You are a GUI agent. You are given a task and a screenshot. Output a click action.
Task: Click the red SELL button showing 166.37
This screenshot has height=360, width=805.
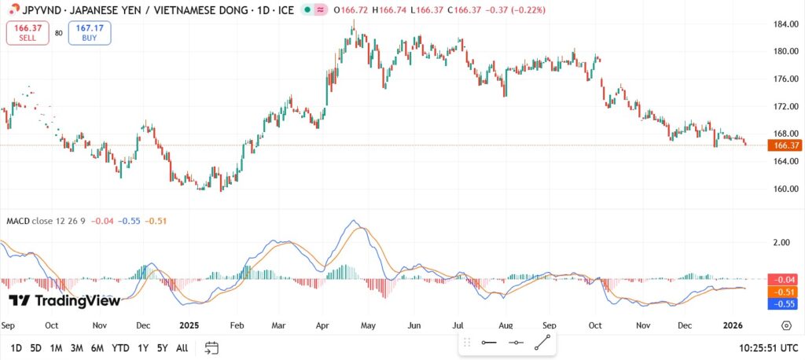pos(27,32)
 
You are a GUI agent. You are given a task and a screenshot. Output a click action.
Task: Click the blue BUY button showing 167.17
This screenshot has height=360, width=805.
pos(90,32)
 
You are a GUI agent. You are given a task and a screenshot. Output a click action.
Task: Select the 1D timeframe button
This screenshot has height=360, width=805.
pos(16,347)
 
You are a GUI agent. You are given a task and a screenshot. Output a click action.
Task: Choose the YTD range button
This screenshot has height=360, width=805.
pos(120,347)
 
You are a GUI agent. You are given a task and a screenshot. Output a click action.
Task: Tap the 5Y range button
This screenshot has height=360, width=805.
pos(161,347)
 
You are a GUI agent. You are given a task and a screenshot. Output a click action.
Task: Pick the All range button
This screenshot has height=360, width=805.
pos(182,347)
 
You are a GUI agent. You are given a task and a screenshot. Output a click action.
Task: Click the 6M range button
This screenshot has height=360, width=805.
pos(97,347)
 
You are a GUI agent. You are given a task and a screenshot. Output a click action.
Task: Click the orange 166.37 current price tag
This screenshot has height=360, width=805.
pos(786,145)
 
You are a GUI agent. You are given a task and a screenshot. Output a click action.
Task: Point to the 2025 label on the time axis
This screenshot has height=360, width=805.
pos(189,325)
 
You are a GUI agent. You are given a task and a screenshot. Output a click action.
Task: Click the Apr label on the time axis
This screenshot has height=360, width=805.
pos(322,325)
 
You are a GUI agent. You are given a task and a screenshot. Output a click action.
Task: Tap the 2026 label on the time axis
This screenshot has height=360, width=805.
pos(733,325)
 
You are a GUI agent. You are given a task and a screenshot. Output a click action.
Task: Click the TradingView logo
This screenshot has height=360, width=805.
pos(64,300)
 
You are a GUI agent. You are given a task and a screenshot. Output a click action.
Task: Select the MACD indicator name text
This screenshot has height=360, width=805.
pos(19,221)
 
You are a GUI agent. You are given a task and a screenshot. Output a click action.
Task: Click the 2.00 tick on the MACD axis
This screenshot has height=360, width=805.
pos(781,243)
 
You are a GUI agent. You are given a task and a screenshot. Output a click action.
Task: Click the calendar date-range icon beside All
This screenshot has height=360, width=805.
pos(211,347)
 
